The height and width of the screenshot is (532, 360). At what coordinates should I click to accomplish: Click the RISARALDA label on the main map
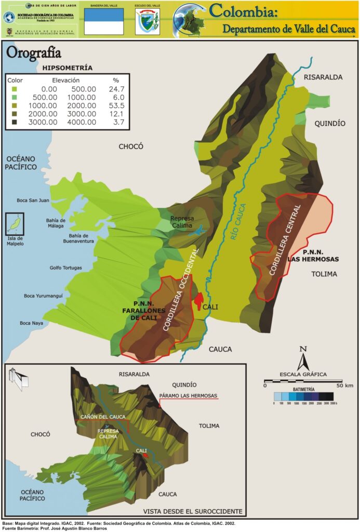tap(323, 77)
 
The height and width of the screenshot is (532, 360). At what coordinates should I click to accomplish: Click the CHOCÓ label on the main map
tap(130, 147)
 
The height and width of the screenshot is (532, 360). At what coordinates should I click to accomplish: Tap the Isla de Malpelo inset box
tap(14, 224)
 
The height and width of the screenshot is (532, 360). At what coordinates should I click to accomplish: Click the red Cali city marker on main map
tap(198, 301)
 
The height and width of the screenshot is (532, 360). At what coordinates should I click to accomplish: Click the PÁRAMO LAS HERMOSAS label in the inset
tap(189, 396)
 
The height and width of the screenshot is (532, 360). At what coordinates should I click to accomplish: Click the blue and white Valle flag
tap(104, 21)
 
